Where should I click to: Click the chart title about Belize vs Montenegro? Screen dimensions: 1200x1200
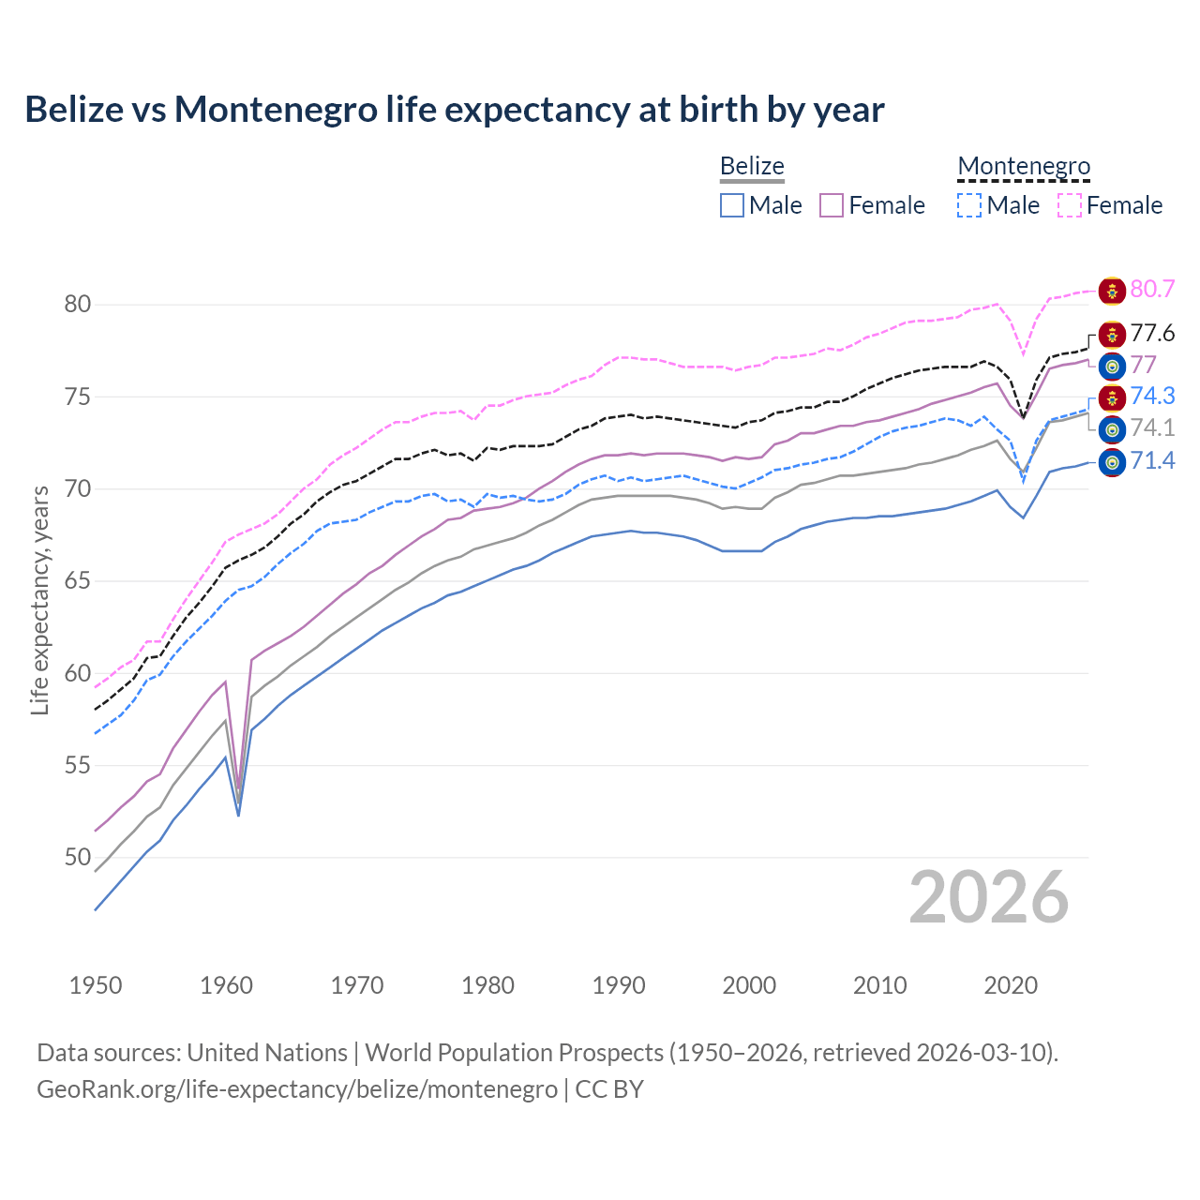(x=455, y=110)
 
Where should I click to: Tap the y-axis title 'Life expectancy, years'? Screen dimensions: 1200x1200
(x=39, y=600)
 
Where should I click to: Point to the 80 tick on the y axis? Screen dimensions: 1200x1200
(x=78, y=304)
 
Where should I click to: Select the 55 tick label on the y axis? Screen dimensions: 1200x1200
(x=78, y=765)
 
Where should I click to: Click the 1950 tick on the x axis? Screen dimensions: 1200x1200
(x=96, y=985)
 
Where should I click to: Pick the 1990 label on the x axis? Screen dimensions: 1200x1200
(x=619, y=985)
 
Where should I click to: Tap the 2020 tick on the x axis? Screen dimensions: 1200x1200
(x=1011, y=985)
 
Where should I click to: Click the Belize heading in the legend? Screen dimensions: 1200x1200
(x=752, y=166)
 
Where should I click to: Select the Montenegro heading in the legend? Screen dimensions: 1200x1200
(x=1024, y=166)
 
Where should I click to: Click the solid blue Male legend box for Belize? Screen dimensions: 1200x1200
(x=732, y=205)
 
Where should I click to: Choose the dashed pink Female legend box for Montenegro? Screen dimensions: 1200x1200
(x=1070, y=205)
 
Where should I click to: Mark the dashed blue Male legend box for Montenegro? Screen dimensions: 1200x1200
(x=969, y=205)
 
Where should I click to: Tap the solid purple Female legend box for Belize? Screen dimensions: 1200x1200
(x=832, y=205)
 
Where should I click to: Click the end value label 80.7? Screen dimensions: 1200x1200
(x=1152, y=289)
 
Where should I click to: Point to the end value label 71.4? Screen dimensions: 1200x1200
(x=1152, y=460)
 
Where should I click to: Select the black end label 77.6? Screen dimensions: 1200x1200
(x=1152, y=334)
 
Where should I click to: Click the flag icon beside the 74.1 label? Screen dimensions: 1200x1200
(x=1112, y=429)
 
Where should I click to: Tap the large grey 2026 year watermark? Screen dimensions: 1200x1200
(x=988, y=897)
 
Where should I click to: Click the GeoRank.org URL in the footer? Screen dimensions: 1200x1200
(x=297, y=1089)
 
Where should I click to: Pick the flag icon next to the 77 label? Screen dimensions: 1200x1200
(x=1112, y=366)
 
